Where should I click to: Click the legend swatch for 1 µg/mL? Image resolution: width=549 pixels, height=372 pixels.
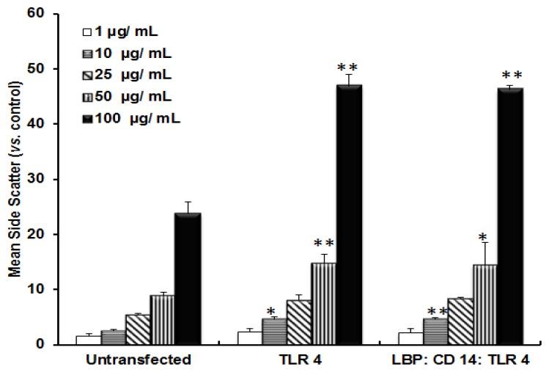(x=86, y=32)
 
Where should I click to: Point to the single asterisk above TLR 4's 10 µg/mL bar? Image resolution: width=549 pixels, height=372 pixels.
(x=271, y=311)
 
